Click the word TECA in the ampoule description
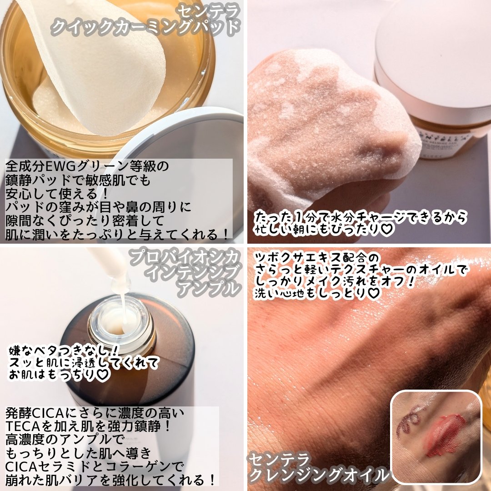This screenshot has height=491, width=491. point(26,427)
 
